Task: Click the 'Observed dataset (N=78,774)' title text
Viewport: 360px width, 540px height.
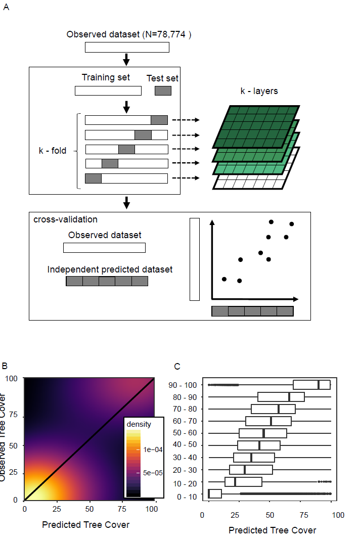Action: (x=129, y=35)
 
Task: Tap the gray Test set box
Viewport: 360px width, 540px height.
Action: (x=163, y=91)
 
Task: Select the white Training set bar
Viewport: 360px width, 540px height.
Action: (x=108, y=91)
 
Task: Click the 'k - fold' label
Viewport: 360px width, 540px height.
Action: (x=53, y=151)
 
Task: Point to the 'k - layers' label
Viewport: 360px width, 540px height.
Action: (x=259, y=92)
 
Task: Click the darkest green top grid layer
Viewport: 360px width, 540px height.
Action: (x=257, y=126)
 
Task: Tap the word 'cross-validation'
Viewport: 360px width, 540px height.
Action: (x=65, y=219)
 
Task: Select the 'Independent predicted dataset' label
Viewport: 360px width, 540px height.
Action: (x=110, y=269)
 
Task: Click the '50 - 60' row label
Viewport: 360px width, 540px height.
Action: (x=185, y=433)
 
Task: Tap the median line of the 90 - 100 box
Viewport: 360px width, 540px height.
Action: (x=319, y=385)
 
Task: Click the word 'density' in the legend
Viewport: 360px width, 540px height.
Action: (x=139, y=424)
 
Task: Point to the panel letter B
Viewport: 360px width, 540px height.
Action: (x=5, y=366)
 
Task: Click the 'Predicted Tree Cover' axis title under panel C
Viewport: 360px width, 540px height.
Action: (x=272, y=530)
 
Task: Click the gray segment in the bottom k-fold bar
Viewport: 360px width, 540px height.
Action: (x=93, y=178)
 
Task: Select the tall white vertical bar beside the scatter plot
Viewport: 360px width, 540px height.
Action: (x=195, y=259)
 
